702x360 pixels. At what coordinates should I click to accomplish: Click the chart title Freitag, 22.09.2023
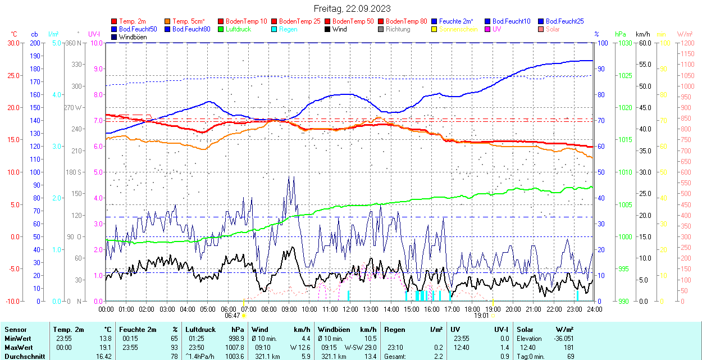click(352, 8)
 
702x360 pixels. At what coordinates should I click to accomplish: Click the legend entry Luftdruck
click(238, 29)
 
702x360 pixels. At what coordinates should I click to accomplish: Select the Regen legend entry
click(288, 29)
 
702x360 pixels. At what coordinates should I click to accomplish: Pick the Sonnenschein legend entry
click(458, 29)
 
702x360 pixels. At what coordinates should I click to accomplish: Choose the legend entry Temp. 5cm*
click(189, 21)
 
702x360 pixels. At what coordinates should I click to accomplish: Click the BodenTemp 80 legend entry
click(407, 21)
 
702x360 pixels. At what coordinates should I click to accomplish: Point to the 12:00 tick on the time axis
click(350, 309)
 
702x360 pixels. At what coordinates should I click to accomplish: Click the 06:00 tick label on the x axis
click(228, 309)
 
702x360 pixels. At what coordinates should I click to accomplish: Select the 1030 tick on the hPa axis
click(623, 43)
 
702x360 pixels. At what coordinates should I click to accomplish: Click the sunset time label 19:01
click(481, 316)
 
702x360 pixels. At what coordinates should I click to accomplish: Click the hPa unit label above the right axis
click(620, 34)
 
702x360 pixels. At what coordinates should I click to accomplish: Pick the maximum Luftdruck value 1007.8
click(236, 347)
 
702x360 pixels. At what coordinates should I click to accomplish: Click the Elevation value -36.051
click(562, 338)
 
